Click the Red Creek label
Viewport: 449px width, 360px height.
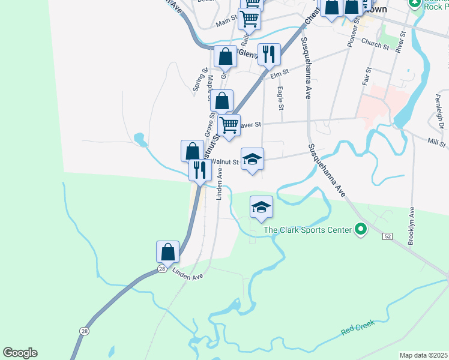click(x=358, y=328)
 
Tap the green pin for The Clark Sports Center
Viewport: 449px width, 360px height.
click(x=361, y=229)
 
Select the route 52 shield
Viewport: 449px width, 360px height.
click(x=387, y=236)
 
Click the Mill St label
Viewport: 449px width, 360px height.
click(x=436, y=142)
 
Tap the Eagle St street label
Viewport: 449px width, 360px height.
click(x=280, y=97)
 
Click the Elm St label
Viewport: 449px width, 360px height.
click(x=280, y=73)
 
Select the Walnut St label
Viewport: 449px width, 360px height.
click(x=228, y=161)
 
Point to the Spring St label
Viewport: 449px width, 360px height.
click(x=196, y=83)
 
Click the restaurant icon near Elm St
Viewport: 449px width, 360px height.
click(x=269, y=55)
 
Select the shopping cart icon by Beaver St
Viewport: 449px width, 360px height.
click(x=229, y=125)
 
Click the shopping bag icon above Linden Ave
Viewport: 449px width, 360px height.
click(x=168, y=251)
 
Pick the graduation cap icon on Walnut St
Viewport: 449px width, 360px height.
click(x=252, y=159)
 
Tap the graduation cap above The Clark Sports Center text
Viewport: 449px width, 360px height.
click(x=261, y=208)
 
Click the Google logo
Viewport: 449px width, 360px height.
click(x=20, y=353)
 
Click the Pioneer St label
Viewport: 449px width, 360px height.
click(x=354, y=32)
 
